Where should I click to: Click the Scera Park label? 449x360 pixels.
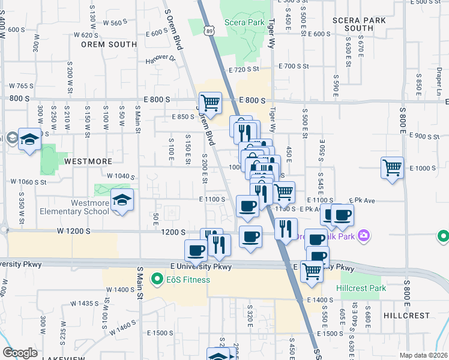[x=244, y=23]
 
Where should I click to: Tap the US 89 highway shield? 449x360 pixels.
[x=208, y=29]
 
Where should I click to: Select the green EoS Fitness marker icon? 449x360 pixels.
[x=157, y=279]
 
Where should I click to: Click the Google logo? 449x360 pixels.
[x=20, y=353]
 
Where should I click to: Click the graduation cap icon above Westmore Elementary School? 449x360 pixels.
[x=122, y=200]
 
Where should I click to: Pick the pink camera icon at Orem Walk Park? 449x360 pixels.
[x=363, y=236]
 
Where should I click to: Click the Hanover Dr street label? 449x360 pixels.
[x=160, y=59]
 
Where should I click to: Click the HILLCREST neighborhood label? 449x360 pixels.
[x=406, y=315]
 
